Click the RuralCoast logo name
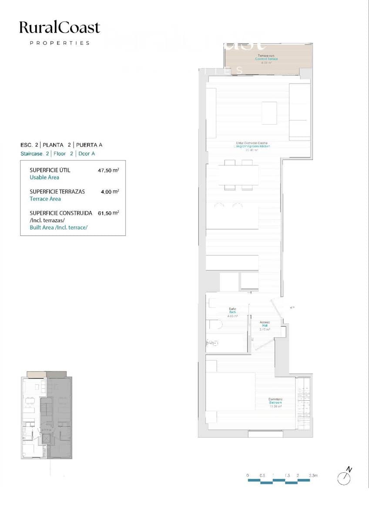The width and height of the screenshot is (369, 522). (60, 28)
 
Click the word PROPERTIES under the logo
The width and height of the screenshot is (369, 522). (60, 43)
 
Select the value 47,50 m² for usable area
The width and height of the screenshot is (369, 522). (108, 171)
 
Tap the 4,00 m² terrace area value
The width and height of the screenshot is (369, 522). (110, 191)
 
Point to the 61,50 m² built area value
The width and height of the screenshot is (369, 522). (108, 213)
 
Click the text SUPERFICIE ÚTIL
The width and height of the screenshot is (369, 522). (50, 170)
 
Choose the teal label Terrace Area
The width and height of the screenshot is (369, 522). (45, 199)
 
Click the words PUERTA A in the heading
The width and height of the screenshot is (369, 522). (89, 145)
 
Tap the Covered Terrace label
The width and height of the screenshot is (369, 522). (266, 59)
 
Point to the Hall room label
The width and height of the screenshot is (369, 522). (265, 326)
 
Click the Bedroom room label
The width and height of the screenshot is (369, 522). (275, 403)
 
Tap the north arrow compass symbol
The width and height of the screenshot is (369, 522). (345, 476)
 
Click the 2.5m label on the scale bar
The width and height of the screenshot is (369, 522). (313, 475)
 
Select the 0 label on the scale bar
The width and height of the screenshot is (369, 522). (247, 475)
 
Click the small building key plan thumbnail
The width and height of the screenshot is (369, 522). (46, 415)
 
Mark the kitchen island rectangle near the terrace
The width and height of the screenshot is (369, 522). (269, 113)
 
